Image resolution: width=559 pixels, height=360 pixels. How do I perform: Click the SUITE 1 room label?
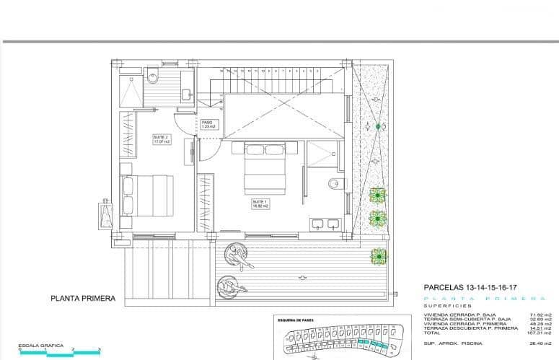[260, 204]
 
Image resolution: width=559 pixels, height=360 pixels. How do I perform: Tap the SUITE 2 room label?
[161, 139]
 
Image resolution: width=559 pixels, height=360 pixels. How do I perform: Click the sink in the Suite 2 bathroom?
[186, 94]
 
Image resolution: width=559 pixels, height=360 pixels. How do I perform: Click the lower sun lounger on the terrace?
[229, 288]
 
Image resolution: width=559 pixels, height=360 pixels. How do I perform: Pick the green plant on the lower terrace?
[377, 255]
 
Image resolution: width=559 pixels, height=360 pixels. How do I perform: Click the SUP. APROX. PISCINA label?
[453, 343]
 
